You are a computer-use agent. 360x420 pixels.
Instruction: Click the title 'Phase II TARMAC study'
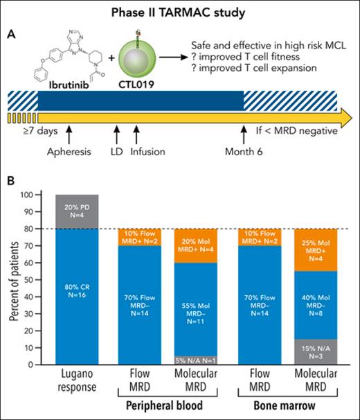click(x=180, y=11)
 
